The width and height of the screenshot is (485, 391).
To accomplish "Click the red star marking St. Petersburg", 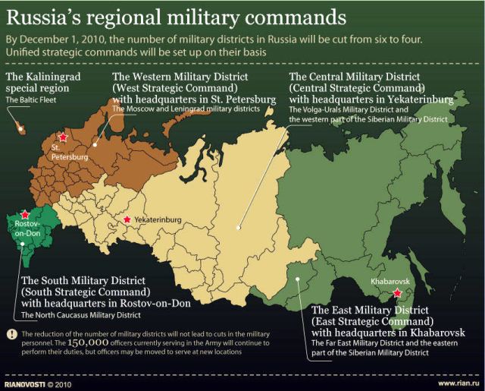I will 64,137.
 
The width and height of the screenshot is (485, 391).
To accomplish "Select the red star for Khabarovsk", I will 397,294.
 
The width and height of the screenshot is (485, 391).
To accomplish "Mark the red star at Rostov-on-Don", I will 25,215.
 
